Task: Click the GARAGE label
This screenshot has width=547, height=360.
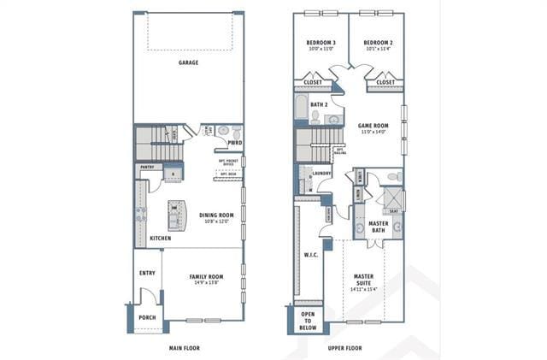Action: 188,62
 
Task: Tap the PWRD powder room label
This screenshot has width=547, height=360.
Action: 233,143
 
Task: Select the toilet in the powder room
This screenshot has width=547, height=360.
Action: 224,131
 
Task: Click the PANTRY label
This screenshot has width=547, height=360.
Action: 146,168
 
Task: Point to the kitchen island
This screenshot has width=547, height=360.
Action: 176,216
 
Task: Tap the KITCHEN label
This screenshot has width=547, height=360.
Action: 160,238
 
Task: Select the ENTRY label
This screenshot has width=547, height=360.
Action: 146,274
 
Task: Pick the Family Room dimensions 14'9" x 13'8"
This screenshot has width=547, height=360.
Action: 205,284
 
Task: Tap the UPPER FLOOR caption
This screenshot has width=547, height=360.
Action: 345,348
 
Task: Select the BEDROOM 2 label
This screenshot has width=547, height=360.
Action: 377,43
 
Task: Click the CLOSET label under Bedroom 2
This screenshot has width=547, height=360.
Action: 385,83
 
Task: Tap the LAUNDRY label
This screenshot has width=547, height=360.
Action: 321,173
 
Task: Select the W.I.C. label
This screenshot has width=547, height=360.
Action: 310,255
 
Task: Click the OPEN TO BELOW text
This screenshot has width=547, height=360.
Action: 308,320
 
